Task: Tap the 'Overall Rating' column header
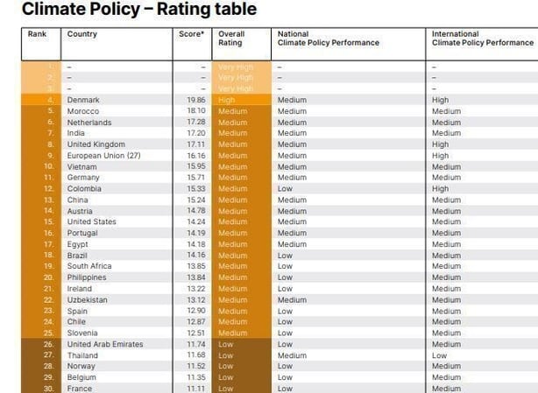[x=230, y=39]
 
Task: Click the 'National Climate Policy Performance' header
[x=328, y=39]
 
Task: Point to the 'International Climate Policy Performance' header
[x=482, y=39]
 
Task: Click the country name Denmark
[x=83, y=101]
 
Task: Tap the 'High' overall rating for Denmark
[x=226, y=101]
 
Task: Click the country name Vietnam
[x=81, y=166]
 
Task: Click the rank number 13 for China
[x=49, y=200]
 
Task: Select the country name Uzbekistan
[x=87, y=299]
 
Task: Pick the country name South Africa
[x=89, y=266]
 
